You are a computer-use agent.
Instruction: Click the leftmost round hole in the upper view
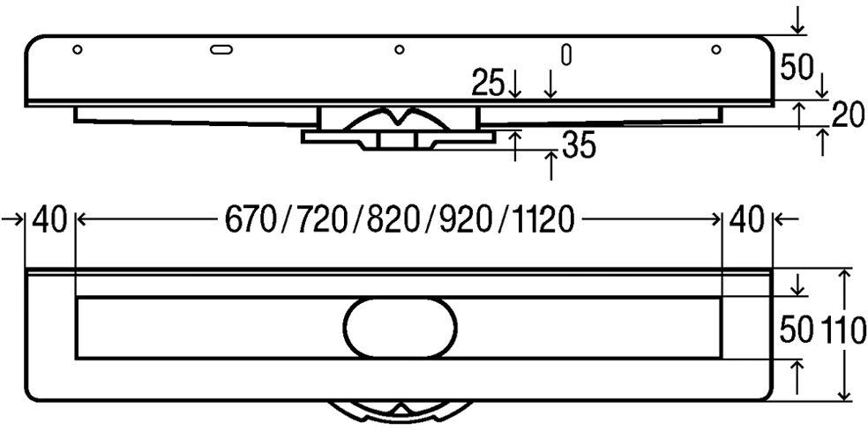click(x=78, y=49)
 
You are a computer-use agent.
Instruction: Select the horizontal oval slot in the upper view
click(x=221, y=49)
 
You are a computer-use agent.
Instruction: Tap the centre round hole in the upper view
click(x=399, y=49)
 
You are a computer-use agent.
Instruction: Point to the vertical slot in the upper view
click(x=565, y=55)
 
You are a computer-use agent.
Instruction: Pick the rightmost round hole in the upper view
click(x=715, y=49)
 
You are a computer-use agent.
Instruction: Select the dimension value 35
click(x=579, y=146)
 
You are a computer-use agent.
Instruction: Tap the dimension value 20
click(x=848, y=116)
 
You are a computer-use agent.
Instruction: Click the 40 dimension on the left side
click(x=49, y=220)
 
